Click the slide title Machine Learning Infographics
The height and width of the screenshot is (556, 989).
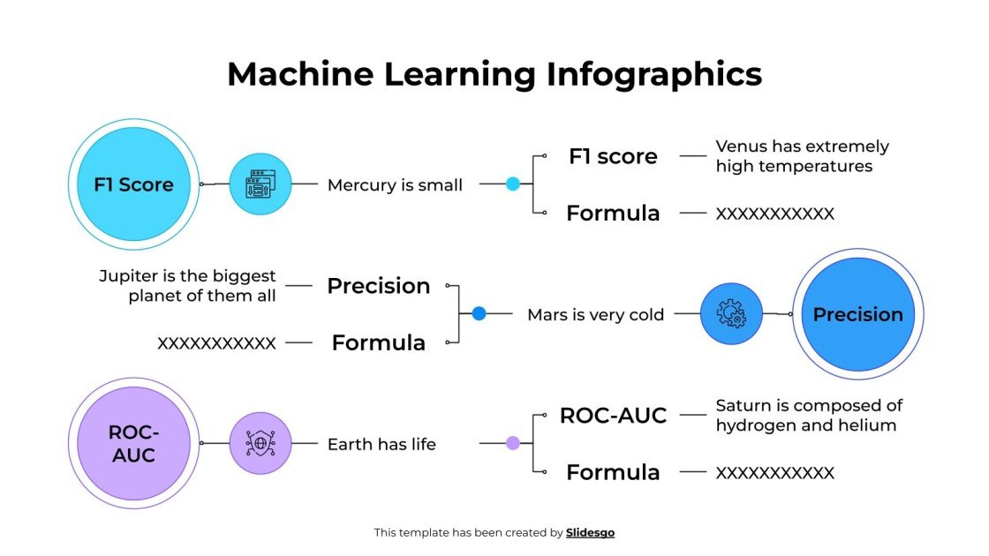(494, 74)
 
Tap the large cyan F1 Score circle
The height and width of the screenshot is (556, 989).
(134, 184)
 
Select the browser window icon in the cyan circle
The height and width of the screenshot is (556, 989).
(260, 184)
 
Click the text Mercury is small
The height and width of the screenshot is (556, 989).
(395, 185)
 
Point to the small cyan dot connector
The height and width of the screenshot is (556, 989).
(513, 184)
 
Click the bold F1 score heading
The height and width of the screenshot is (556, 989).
(613, 156)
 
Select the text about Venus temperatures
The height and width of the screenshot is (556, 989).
(802, 156)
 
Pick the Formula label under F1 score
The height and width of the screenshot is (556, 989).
(613, 213)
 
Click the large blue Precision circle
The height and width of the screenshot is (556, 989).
(857, 314)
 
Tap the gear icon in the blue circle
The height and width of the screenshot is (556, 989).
(731, 313)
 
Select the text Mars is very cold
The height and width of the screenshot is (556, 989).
(595, 314)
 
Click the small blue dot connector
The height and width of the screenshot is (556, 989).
(479, 313)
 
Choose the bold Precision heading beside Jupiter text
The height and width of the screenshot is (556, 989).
(379, 286)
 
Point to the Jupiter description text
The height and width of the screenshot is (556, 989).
(188, 286)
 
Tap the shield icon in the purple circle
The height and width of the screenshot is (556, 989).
(260, 443)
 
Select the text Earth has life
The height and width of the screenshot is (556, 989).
(381, 444)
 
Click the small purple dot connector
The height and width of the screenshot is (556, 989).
(513, 443)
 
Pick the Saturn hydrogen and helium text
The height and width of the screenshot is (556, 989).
(809, 415)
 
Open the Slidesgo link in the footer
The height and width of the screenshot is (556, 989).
(590, 532)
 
